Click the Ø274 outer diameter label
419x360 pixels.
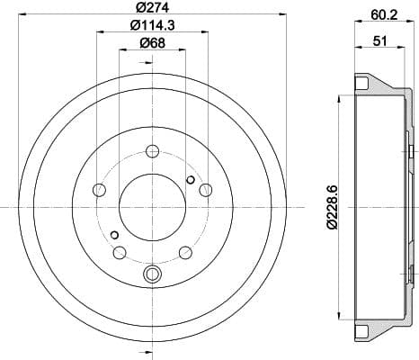coord(152,10)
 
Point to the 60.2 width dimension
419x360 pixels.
coord(378,13)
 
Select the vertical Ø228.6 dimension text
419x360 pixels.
coord(333,204)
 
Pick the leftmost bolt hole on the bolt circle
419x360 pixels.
coord(99,190)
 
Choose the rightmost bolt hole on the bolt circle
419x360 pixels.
coord(205,190)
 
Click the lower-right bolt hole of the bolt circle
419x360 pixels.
coord(184,251)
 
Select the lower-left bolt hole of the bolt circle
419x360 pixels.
coord(120,251)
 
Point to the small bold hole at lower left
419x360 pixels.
coord(114,236)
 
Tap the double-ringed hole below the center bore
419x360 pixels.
coord(152,274)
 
